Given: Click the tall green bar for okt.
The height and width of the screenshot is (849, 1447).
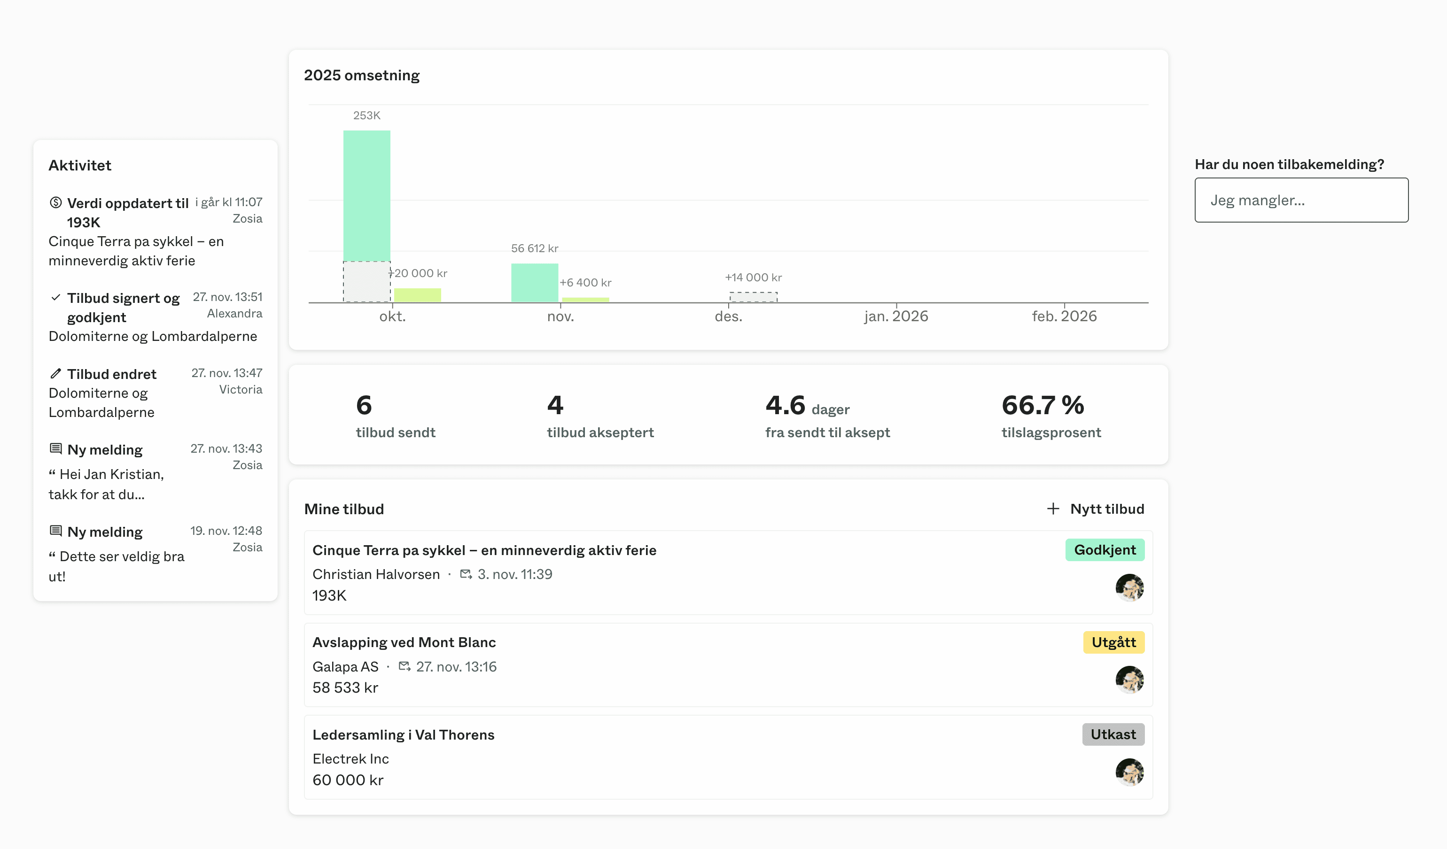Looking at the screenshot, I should pos(366,195).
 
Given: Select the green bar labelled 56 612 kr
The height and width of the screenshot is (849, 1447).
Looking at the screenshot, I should pos(534,282).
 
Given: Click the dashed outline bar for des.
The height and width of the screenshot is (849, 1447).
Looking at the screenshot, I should pos(753,297).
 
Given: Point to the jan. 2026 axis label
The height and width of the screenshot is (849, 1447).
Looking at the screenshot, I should pos(896,316).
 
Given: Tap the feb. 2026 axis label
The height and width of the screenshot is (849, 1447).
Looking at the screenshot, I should pos(1064,316).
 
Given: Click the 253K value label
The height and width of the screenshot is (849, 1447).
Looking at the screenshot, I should pos(366,116).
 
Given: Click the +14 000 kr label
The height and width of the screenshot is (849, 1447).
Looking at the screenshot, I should pos(753,277).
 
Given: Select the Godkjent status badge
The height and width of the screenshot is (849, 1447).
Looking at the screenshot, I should pos(1104,550).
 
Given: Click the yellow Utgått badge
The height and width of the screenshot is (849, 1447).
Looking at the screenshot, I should pos(1113,642).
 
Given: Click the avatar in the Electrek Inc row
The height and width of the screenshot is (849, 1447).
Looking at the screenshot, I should pos(1129,772).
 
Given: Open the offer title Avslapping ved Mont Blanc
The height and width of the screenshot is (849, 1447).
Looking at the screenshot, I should pos(404,642).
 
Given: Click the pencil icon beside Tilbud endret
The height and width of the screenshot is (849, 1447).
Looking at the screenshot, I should pos(56,374).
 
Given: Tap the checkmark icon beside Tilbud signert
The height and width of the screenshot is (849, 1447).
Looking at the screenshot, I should pos(56,297).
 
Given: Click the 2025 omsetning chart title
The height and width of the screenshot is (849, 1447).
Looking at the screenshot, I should pos(362,75).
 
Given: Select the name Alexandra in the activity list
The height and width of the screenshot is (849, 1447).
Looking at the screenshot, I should pos(234,313).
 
